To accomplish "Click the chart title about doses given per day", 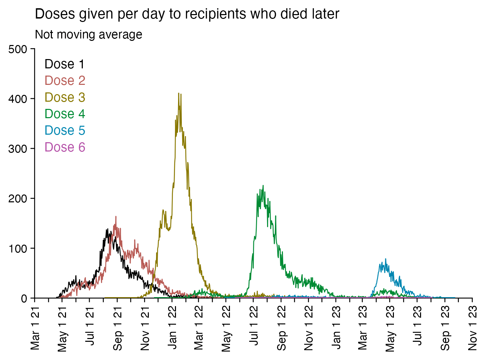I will pos(187,14).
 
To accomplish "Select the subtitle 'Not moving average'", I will pos(89,35).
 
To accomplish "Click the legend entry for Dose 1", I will pos(65,64).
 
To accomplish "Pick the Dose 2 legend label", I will pos(65,81).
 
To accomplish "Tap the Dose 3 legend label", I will pos(65,98).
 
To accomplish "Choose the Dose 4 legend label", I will pos(65,114).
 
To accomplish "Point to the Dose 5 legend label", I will pos(65,131).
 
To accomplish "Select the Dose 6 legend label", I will pos(65,147).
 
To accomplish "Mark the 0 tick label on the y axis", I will pos(24,299).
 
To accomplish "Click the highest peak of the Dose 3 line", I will pos(178,93).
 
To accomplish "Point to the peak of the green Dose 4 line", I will pos(263,186).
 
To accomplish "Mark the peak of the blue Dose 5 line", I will pos(385,259).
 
